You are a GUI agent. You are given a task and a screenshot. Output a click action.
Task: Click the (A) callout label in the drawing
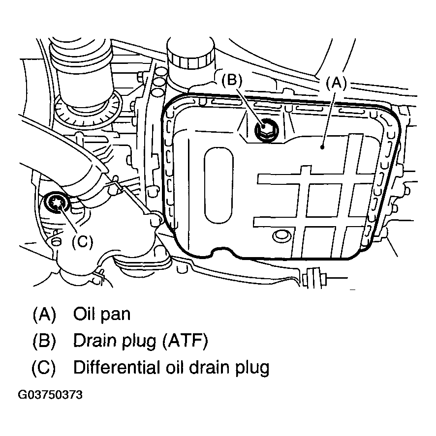(x=337, y=82)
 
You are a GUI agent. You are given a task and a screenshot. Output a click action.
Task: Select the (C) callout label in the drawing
(x=82, y=242)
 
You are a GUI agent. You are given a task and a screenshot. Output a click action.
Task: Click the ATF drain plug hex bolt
(x=266, y=129)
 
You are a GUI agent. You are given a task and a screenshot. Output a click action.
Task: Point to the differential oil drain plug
(x=55, y=203)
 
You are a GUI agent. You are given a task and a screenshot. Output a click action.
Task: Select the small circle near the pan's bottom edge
(x=281, y=236)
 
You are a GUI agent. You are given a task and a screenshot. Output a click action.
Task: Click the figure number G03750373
(x=50, y=395)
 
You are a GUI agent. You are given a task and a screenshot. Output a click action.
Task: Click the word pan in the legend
(x=117, y=315)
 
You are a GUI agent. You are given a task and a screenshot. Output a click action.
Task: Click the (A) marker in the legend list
(x=44, y=314)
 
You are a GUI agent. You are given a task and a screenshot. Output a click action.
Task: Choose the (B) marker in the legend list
(x=44, y=341)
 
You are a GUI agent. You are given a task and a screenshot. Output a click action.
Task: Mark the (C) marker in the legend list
(x=44, y=368)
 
